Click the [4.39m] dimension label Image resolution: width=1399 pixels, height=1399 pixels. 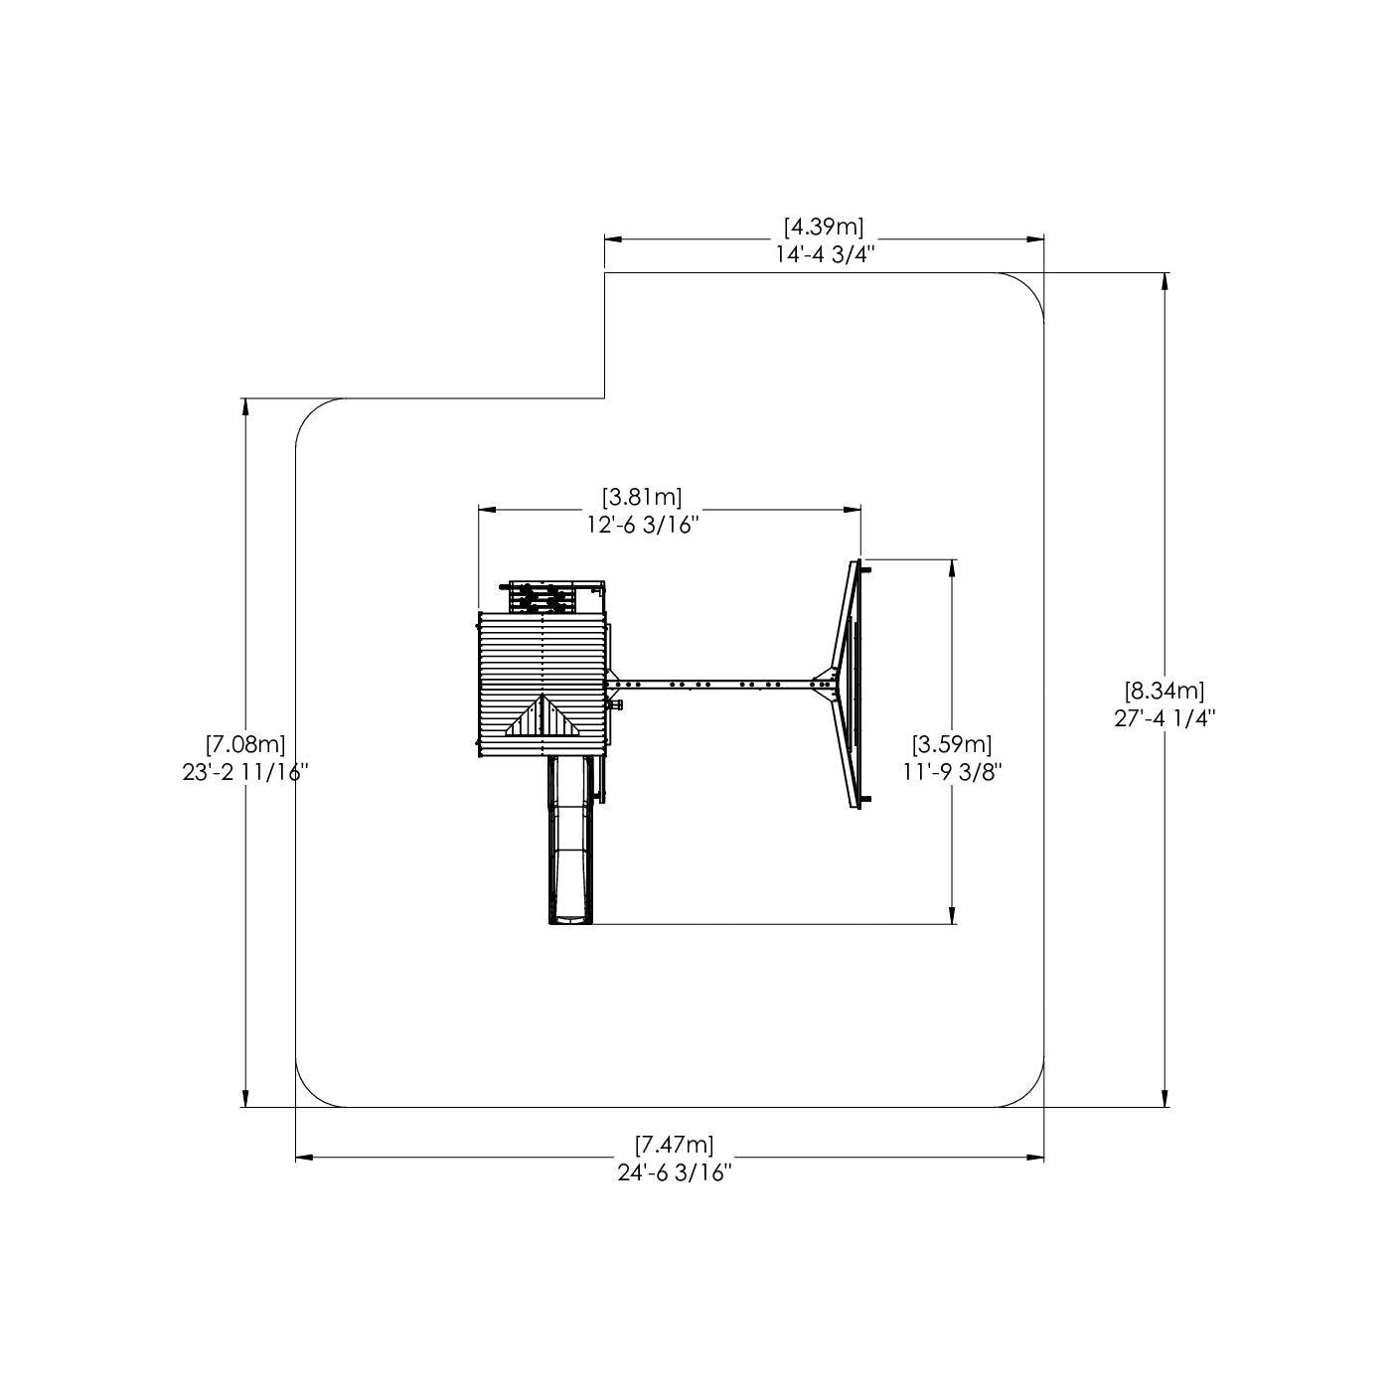point(824,228)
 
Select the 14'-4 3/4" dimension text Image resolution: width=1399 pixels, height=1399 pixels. point(824,254)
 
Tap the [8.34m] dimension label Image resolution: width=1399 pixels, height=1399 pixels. point(1164,689)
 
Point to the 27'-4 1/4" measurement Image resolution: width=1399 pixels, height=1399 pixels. point(1165,717)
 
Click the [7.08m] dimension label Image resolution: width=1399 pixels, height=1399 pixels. point(244,744)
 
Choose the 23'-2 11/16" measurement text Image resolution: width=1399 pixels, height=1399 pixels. point(245,772)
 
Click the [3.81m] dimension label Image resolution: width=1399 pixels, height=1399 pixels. point(642,498)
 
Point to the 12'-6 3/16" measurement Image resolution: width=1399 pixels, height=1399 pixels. point(643,525)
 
